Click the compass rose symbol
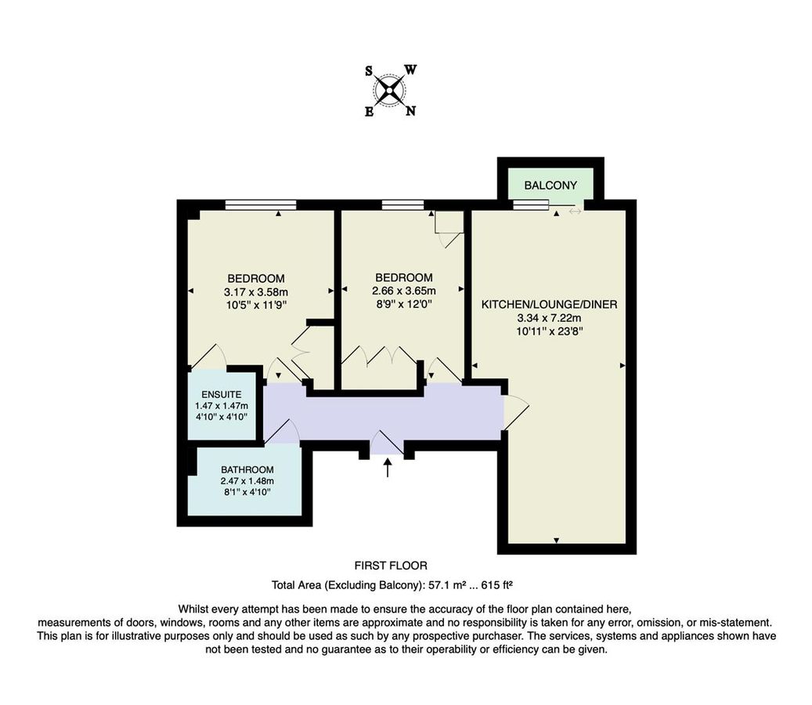point(391,90)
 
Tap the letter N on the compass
point(410,110)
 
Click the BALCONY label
point(550,186)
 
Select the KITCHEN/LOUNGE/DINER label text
point(549,304)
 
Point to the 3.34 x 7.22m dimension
point(549,318)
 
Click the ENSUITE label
point(222,394)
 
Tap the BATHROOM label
point(247,469)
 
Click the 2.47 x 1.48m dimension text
point(247,481)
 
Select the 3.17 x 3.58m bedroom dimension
point(256,292)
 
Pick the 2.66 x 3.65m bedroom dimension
point(403,291)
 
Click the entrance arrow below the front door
point(388,468)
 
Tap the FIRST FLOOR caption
point(391,565)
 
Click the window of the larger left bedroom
point(261,205)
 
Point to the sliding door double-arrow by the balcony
point(576,211)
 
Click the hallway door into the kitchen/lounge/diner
point(514,412)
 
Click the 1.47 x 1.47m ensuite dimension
point(222,406)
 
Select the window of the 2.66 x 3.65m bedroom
point(403,205)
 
